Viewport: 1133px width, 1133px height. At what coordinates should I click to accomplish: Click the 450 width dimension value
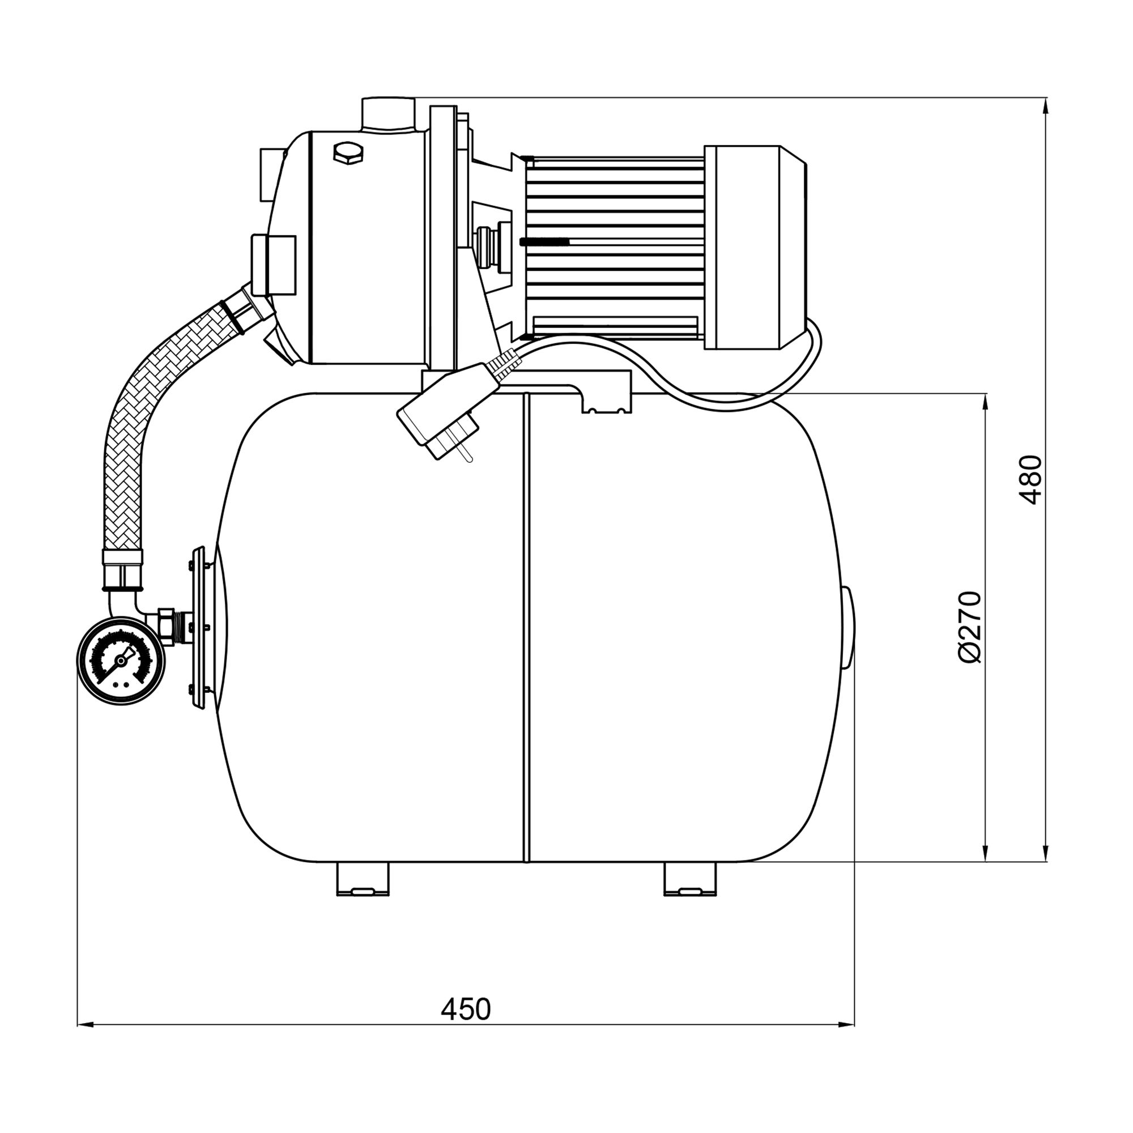(x=466, y=1010)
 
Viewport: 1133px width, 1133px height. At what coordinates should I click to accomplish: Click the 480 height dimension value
(x=1031, y=480)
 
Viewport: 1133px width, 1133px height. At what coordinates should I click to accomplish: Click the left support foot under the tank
(x=363, y=879)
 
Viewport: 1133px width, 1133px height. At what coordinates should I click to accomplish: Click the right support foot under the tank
(x=690, y=879)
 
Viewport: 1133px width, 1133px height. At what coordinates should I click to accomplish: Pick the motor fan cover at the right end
(x=755, y=248)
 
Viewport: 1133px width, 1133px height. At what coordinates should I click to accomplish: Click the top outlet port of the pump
(x=388, y=115)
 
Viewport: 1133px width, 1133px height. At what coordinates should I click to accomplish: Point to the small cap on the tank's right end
(x=848, y=628)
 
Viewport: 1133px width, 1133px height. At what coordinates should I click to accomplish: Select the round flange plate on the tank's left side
(x=198, y=627)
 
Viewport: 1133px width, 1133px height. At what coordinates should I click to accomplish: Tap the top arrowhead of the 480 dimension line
(x=1046, y=106)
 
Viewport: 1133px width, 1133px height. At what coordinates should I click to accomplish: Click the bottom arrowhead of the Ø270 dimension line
(x=986, y=853)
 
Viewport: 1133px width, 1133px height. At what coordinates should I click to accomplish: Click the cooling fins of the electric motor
(x=615, y=248)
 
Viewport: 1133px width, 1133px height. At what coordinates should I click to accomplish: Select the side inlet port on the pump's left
(x=272, y=265)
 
